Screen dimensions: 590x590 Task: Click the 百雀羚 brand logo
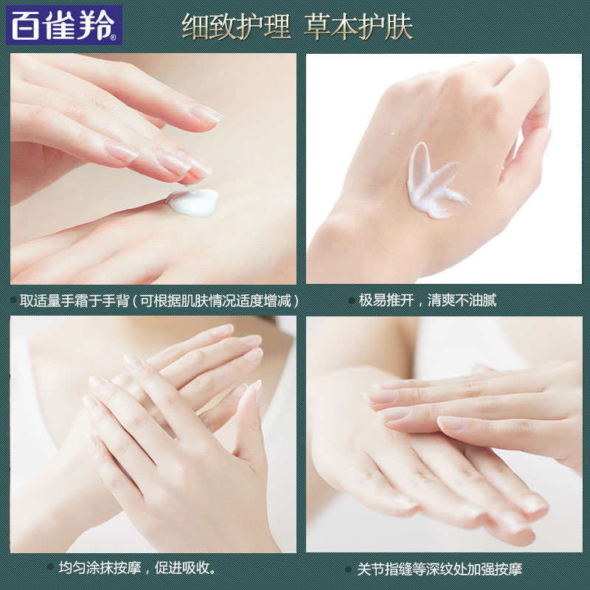[63, 26]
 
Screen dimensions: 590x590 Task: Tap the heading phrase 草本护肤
[358, 27]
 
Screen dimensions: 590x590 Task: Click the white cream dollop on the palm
[194, 201]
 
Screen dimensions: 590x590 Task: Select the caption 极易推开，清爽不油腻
[427, 301]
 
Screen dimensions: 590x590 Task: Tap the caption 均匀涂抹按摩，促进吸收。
[137, 569]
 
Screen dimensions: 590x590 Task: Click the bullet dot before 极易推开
[350, 301]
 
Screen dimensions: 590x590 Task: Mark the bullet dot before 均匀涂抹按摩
[50, 569]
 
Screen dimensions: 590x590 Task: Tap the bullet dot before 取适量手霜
[13, 301]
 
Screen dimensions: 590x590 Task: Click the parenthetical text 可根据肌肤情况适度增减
[221, 301]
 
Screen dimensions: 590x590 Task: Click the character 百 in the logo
[27, 26]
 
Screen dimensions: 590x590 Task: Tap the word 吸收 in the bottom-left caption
[198, 569]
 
